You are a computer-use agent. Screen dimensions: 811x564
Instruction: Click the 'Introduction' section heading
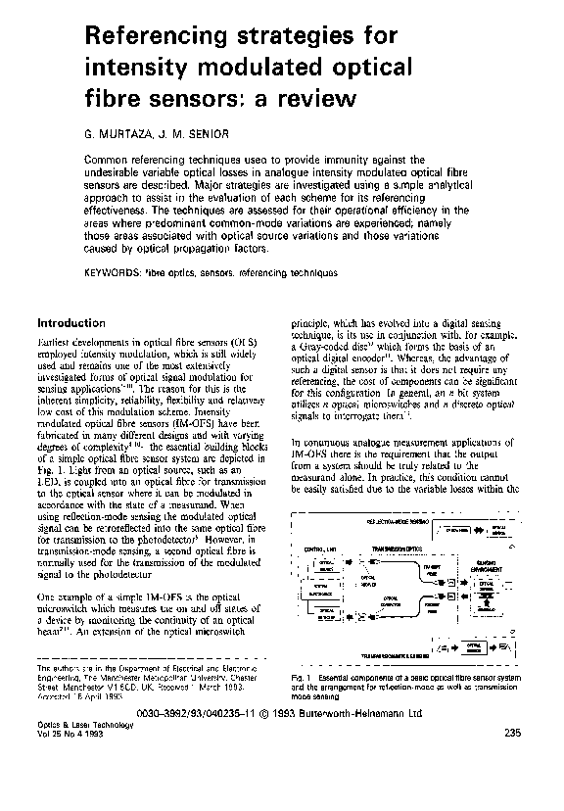[70, 322]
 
